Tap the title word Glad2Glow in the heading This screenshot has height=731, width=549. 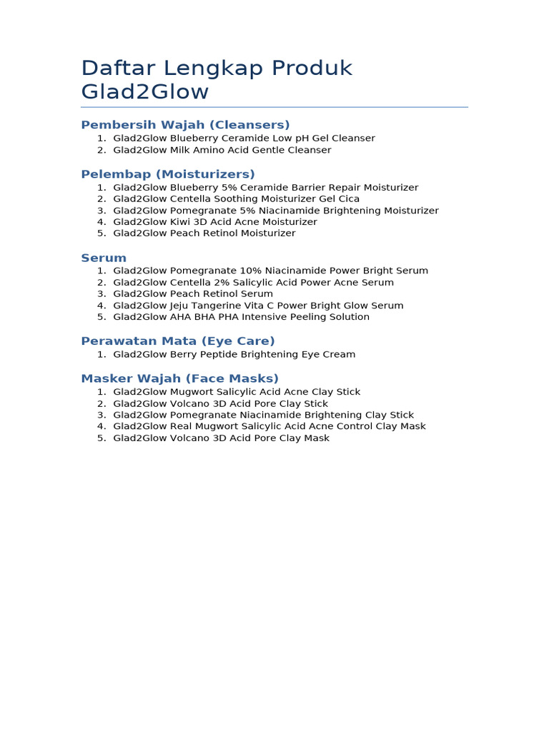[x=145, y=92]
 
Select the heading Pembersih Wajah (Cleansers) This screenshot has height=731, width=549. [x=185, y=125]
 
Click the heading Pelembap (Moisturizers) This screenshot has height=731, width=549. [x=168, y=174]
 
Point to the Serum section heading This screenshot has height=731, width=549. [x=104, y=258]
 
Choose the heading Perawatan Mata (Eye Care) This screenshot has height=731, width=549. [x=178, y=341]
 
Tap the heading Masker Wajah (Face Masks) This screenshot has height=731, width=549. [x=180, y=378]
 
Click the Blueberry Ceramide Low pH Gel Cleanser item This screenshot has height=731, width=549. [x=244, y=138]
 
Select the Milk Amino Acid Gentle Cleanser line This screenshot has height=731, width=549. [x=222, y=150]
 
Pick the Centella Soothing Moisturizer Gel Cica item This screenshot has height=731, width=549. [x=236, y=198]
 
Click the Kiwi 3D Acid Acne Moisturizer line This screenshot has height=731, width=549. [x=214, y=222]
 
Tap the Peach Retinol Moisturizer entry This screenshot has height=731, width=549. [x=204, y=233]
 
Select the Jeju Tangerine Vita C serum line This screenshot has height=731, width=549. [x=258, y=306]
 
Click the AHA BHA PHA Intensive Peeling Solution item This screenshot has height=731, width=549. [x=241, y=317]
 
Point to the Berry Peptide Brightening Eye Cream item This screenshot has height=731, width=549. [x=234, y=355]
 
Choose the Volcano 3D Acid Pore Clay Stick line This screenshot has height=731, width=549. [x=220, y=403]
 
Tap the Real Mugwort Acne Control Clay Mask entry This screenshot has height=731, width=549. [x=269, y=426]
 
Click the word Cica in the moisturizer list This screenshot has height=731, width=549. [x=350, y=198]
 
